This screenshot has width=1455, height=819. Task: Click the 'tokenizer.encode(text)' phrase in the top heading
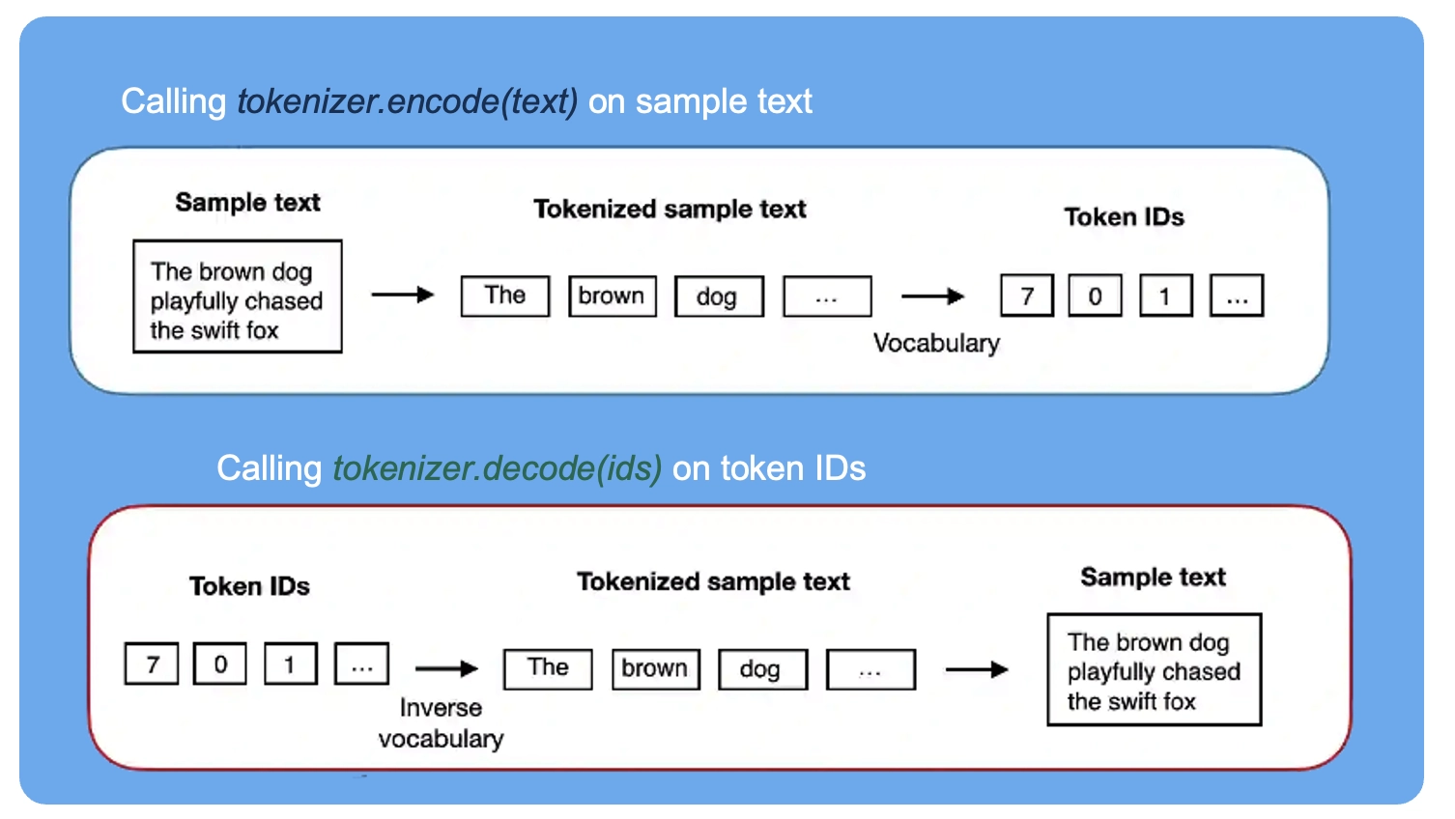tap(408, 102)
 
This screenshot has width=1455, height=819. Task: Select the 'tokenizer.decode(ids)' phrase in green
tap(498, 468)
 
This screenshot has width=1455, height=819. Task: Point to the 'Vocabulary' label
tap(936, 343)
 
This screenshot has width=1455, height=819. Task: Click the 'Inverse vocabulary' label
tap(442, 722)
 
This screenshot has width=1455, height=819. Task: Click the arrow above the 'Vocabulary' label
tap(932, 297)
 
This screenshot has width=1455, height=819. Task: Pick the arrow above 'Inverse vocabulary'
tap(447, 668)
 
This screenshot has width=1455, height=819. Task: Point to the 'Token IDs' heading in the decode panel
tap(249, 586)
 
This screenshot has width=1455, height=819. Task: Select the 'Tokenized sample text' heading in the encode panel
tap(670, 210)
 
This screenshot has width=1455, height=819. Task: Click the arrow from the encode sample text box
tap(403, 295)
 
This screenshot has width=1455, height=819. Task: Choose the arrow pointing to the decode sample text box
tap(977, 669)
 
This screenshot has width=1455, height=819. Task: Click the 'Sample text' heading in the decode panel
tap(1153, 577)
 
